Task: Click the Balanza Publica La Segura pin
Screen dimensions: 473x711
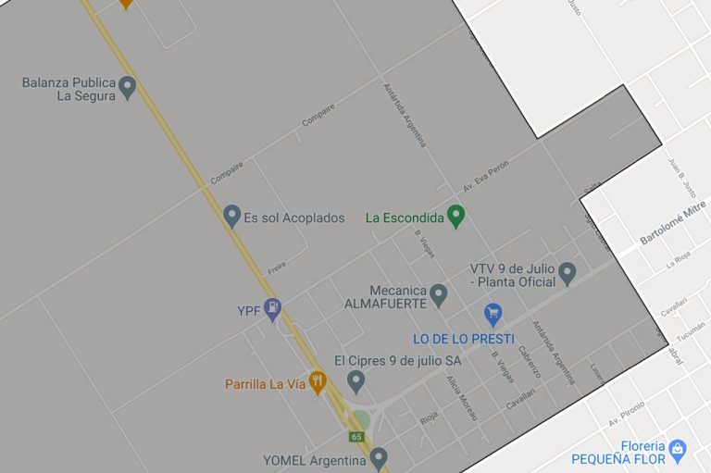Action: click(x=128, y=87)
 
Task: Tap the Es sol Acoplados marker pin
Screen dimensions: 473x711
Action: click(x=232, y=217)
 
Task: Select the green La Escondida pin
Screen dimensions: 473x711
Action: click(x=455, y=217)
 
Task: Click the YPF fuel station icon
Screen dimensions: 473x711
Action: click(x=272, y=309)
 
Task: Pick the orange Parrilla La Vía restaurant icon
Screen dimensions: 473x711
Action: click(x=318, y=381)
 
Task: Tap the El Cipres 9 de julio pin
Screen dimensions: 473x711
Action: click(x=355, y=380)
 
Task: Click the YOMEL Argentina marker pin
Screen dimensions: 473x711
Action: click(x=378, y=457)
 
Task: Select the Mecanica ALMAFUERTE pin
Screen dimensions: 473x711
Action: click(x=439, y=294)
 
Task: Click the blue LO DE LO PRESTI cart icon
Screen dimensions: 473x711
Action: click(x=493, y=313)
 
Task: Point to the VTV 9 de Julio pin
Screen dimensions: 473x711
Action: click(x=568, y=273)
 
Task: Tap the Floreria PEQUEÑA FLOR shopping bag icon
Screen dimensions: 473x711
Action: click(x=678, y=450)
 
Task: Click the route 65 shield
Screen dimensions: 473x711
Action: click(x=357, y=436)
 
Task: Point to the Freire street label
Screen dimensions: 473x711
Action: click(x=277, y=265)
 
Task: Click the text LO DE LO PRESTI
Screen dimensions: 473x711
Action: click(x=463, y=339)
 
